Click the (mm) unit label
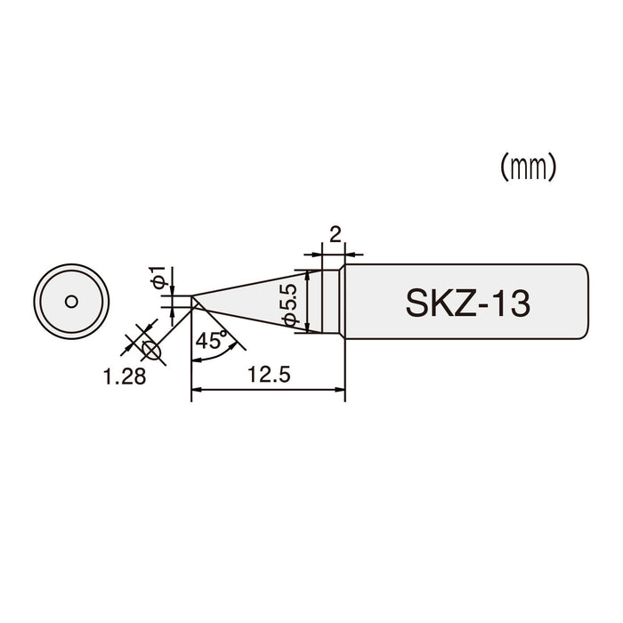[528, 167]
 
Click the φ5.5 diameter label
[289, 304]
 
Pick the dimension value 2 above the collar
[335, 235]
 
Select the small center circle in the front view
[68, 301]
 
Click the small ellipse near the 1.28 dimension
[152, 351]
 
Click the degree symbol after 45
[226, 332]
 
